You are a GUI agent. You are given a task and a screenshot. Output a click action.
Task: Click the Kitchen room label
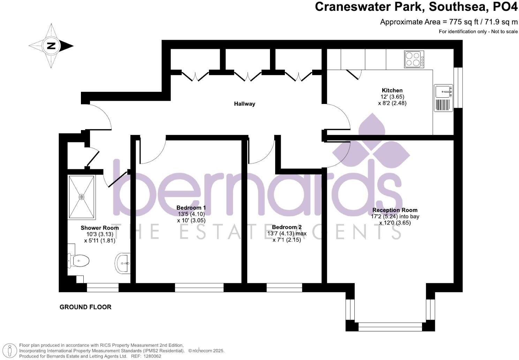coord(392,90)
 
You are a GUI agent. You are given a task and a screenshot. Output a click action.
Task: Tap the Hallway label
coord(245,104)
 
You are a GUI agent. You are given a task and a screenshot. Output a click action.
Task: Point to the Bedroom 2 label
coord(287,227)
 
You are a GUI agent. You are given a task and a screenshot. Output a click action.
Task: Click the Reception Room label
coord(395,210)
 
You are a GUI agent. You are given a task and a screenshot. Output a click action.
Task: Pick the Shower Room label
coord(100,228)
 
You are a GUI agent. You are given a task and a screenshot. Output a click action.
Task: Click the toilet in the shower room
coord(80,260)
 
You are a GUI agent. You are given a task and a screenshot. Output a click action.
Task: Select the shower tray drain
coord(82,197)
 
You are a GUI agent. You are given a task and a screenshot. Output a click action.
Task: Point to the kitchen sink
coord(443,91)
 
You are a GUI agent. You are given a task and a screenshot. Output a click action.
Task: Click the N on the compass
coord(51,46)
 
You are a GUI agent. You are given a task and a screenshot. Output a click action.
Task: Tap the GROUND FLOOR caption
coord(85,307)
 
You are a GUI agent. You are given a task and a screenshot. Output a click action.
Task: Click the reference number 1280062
coord(151,356)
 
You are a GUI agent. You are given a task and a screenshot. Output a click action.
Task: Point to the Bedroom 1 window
coord(199,287)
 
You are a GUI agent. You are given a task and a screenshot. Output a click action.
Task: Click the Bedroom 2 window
coord(284,287)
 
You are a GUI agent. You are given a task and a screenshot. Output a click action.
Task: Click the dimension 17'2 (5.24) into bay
coord(395,216)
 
